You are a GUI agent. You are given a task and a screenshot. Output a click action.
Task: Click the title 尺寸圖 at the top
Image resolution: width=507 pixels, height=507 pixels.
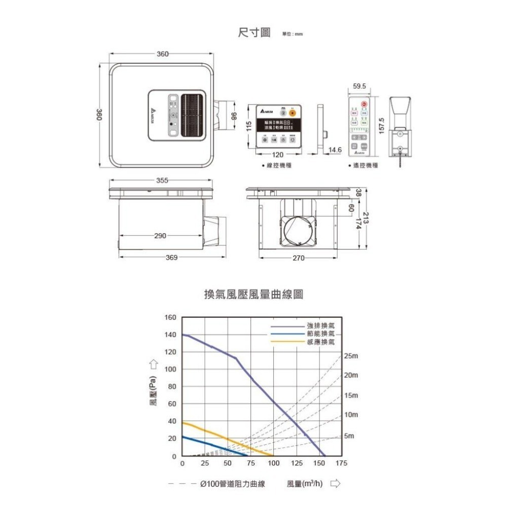[x=254, y=33]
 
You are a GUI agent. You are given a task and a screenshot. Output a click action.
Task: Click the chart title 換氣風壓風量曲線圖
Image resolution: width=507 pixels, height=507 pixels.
[x=253, y=295]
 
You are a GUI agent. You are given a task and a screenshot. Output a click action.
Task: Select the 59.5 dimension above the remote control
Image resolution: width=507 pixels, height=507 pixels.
[x=358, y=87]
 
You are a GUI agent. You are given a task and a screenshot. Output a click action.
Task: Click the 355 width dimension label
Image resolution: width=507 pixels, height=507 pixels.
[x=162, y=180]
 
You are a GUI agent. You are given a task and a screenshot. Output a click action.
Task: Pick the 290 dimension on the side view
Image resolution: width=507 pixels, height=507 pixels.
[x=160, y=236]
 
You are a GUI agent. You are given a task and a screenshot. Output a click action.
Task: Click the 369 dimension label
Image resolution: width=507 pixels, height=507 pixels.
[x=171, y=258]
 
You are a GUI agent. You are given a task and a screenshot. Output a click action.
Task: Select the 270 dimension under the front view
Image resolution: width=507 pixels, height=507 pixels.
[x=298, y=258]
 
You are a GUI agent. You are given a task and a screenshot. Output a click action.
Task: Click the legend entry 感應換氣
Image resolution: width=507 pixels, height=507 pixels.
[x=320, y=342]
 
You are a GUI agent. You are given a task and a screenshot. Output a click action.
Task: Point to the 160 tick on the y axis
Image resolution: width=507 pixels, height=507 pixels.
[x=171, y=317]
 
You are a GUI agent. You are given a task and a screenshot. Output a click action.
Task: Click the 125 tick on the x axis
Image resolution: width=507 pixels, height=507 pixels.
[x=297, y=464]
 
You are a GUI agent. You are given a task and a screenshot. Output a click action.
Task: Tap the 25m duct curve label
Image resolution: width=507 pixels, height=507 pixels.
[x=351, y=356]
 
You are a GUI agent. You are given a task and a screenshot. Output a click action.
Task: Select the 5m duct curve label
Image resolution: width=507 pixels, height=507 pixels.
[x=349, y=436]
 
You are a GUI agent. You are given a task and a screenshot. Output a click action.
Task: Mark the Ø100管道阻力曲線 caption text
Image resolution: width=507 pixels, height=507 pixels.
[x=233, y=484]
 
